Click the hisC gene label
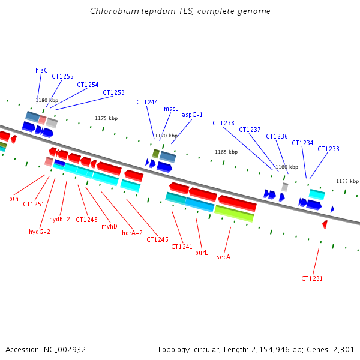click(x=41, y=70)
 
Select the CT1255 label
click(x=62, y=76)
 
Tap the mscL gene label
click(x=171, y=109)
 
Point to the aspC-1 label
click(x=193, y=115)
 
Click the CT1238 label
click(x=223, y=123)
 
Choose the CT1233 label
click(x=328, y=149)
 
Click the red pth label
click(x=14, y=199)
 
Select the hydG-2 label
click(x=40, y=232)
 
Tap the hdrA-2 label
click(x=132, y=233)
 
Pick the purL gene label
click(x=201, y=253)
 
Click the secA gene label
click(x=224, y=256)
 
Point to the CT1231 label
click(x=312, y=278)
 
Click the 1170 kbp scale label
click(x=166, y=136)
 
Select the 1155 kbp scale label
click(x=347, y=181)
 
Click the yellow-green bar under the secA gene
click(x=233, y=213)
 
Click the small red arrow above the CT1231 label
click(x=325, y=224)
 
